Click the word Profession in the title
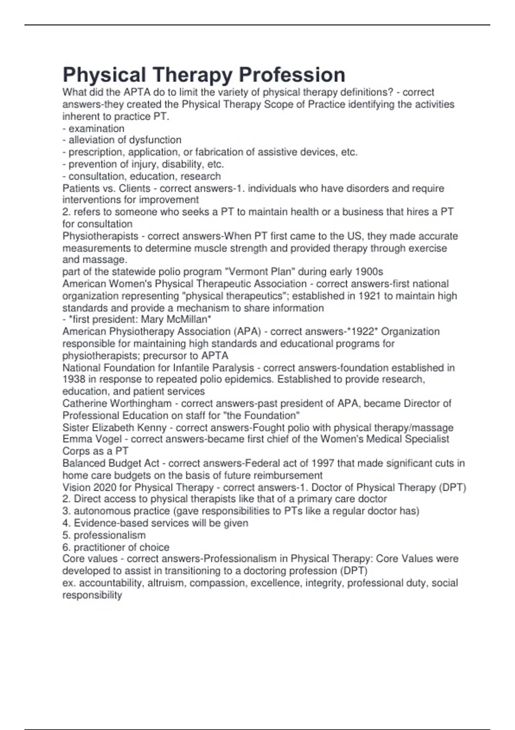(x=292, y=75)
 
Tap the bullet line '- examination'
(x=94, y=128)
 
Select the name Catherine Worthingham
(x=117, y=403)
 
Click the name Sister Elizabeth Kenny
(x=114, y=428)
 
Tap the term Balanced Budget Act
(x=111, y=463)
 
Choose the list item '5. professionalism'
(x=104, y=535)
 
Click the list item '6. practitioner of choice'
(x=116, y=547)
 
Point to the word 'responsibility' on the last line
(x=92, y=595)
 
